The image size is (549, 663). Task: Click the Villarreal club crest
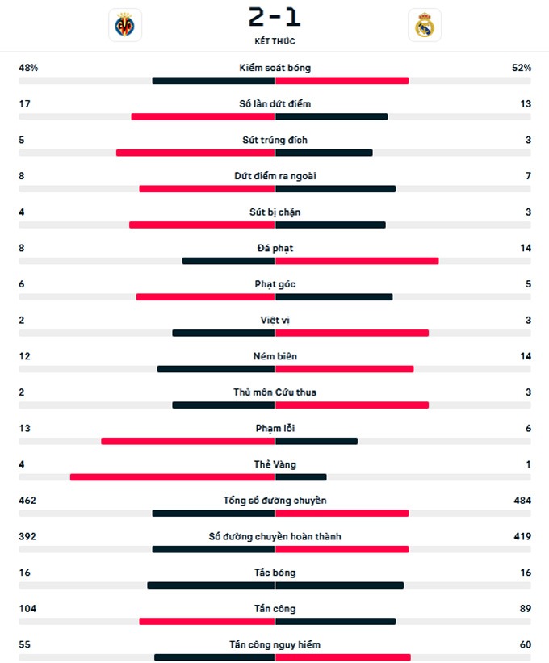(x=125, y=25)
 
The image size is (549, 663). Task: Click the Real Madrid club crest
(x=425, y=25)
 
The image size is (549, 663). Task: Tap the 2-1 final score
(x=274, y=17)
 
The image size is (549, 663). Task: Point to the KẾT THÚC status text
(x=274, y=40)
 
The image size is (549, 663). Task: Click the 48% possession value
(x=28, y=68)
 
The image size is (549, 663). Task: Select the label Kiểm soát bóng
(x=274, y=68)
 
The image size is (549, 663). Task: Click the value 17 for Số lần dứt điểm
(x=24, y=103)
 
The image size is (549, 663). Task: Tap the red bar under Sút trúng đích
(x=195, y=153)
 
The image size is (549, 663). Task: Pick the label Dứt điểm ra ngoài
(x=274, y=176)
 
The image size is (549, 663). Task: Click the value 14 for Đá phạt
(x=526, y=248)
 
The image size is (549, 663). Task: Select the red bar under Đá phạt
(x=357, y=261)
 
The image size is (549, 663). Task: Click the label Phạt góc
(x=274, y=284)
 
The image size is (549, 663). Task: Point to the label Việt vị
(x=274, y=321)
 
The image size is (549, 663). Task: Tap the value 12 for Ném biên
(x=24, y=356)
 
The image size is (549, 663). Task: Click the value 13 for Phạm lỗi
(x=24, y=428)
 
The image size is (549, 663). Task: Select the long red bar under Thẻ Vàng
(x=172, y=477)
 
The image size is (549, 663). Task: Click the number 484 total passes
(x=522, y=501)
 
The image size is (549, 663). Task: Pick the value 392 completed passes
(x=27, y=536)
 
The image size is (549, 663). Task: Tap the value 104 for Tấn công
(x=27, y=609)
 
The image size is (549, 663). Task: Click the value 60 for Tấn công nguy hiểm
(x=525, y=644)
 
